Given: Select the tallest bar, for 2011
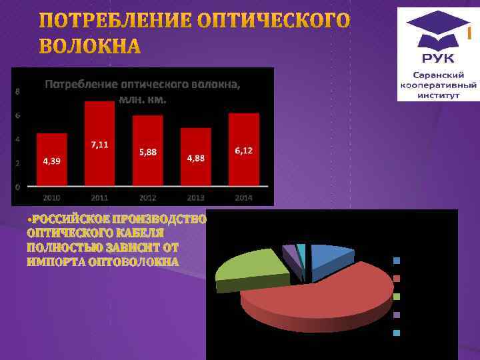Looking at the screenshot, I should point(99,143).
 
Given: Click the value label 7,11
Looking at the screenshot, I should point(100,145).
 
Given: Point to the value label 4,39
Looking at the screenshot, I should point(51,161).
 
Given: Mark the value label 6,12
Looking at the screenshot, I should point(243,151).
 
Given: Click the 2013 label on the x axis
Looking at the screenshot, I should point(195,198).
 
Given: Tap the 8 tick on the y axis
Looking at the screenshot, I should point(17,91).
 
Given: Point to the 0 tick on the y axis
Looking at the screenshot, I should point(17,187).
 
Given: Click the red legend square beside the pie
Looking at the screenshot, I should point(396,279).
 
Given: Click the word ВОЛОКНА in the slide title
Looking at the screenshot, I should point(91,47).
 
